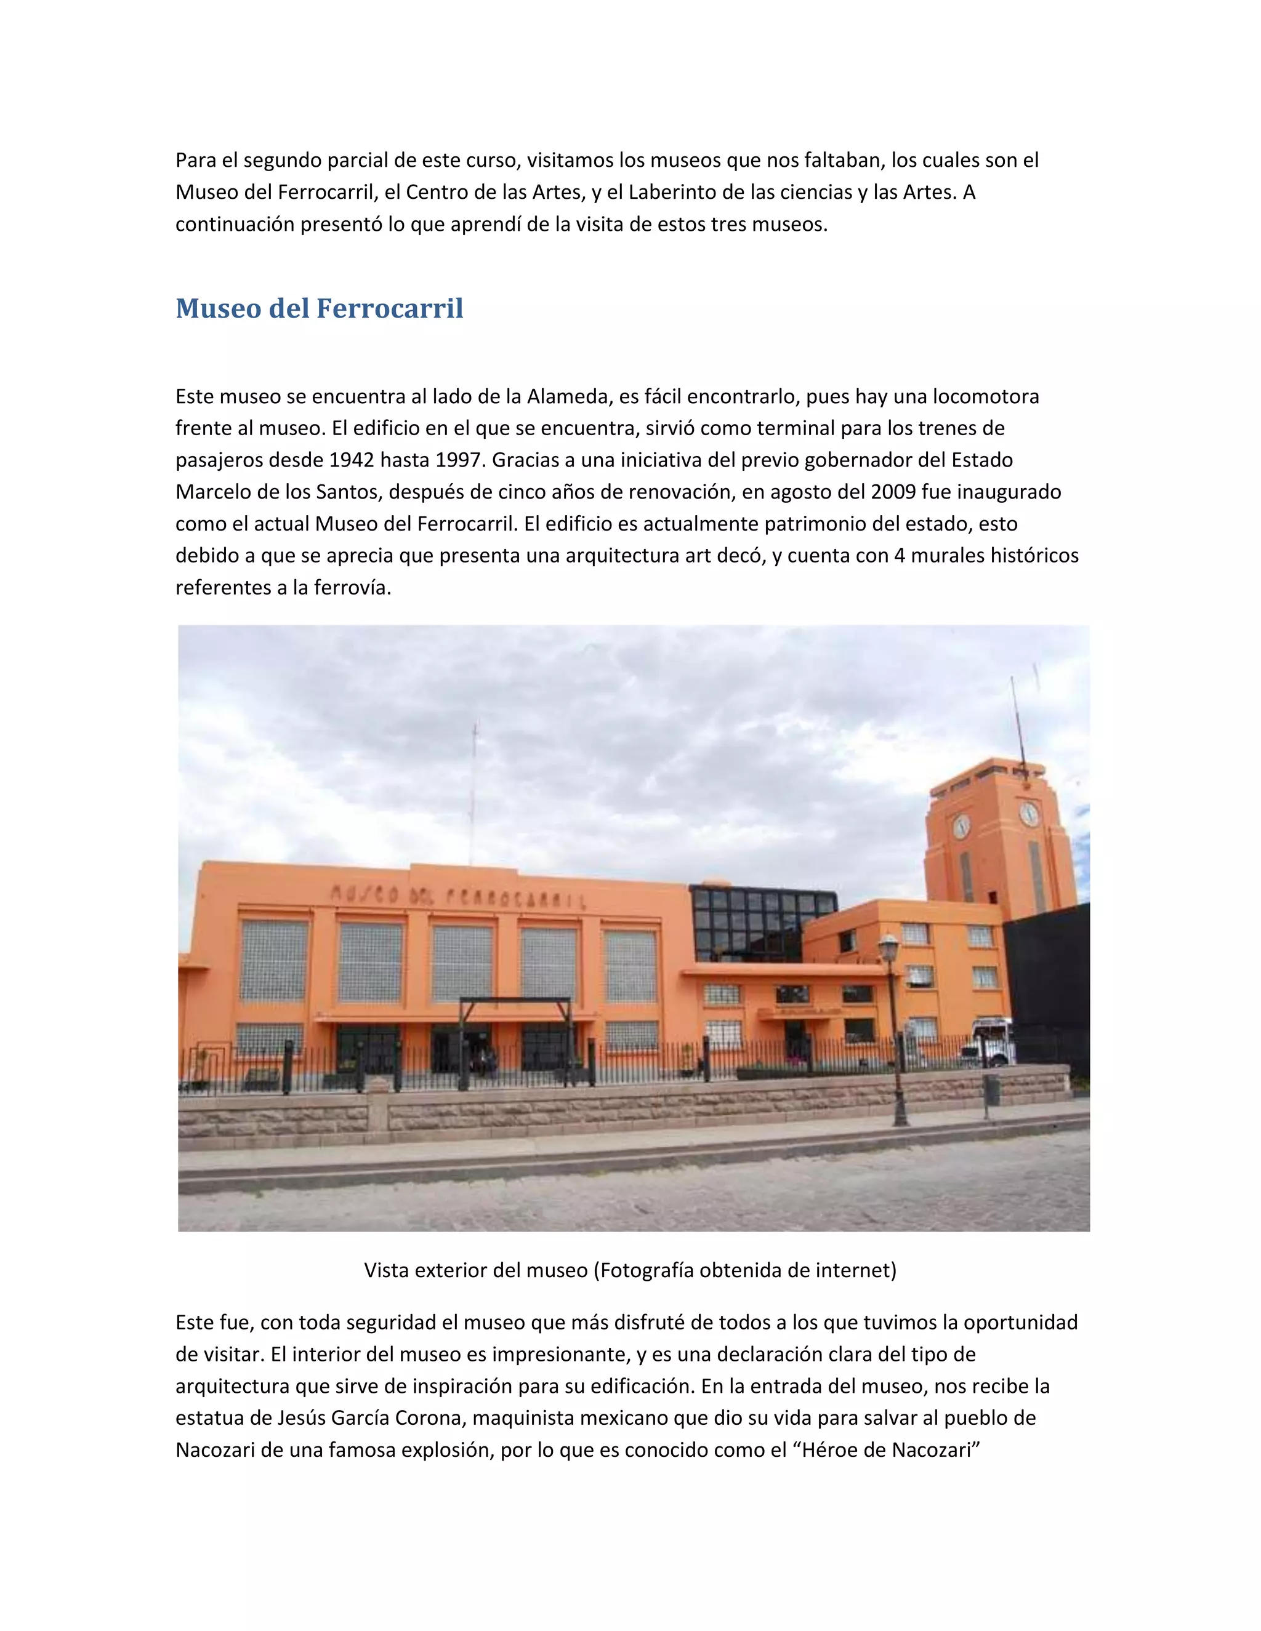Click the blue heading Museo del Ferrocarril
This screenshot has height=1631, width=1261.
coord(319,308)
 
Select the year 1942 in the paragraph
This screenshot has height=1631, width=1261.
coord(351,460)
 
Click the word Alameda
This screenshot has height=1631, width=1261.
coord(566,396)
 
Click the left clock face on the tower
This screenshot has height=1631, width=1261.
coord(961,826)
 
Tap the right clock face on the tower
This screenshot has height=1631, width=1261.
coord(1029,813)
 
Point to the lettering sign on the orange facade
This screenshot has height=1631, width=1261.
coord(457,897)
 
